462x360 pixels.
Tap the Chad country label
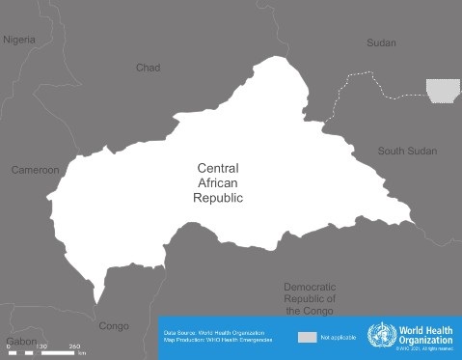point(148,68)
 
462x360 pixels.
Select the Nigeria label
point(19,40)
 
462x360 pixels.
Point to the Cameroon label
point(35,170)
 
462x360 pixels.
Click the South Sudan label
point(406,152)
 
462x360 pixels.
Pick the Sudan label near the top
point(382,42)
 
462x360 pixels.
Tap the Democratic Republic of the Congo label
point(309,299)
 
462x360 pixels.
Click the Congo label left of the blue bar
point(114,325)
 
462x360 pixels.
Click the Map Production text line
point(217,341)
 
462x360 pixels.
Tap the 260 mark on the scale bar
point(75,346)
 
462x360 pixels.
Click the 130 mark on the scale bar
point(41,346)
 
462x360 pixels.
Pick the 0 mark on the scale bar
point(9,346)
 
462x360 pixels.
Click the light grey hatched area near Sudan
point(443,91)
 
